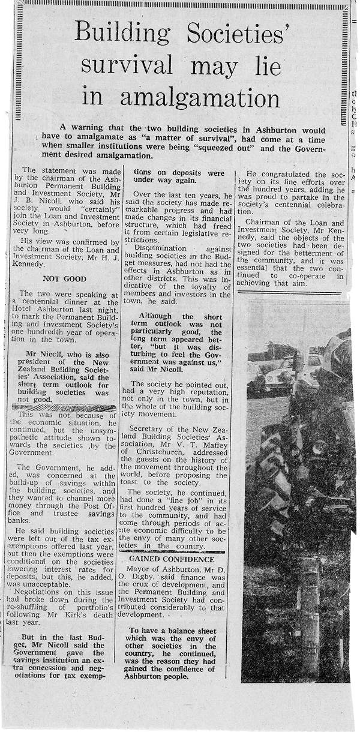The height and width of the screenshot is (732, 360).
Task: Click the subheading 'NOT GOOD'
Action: pos(64,279)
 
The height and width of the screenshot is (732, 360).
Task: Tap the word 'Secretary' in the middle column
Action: pos(151,430)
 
